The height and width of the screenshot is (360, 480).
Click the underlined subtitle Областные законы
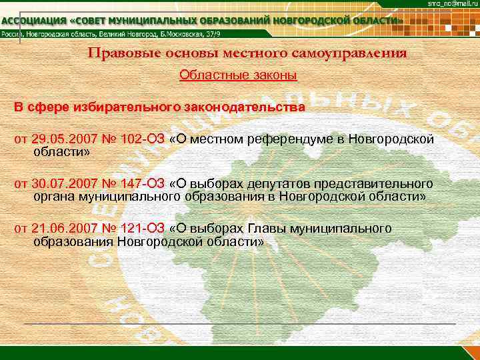click(238, 75)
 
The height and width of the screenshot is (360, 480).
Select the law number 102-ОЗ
click(139, 139)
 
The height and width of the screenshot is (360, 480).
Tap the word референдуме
click(288, 139)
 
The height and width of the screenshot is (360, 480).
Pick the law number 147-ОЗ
click(139, 184)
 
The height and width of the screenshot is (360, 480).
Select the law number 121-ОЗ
click(139, 229)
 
